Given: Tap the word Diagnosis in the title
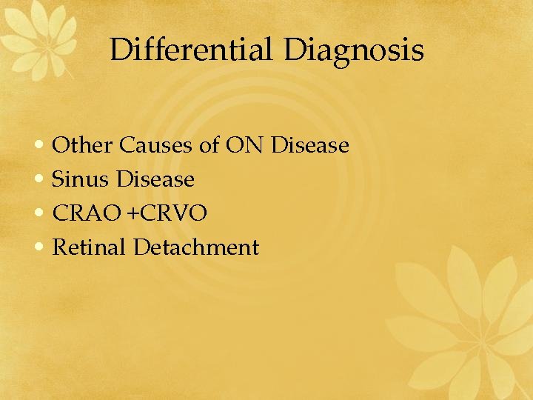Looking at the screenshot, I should point(354,50).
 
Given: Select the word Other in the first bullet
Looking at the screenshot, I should point(84,145).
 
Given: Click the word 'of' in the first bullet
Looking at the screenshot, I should point(209,145).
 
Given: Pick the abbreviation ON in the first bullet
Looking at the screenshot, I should point(245,145).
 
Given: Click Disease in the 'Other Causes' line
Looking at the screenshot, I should point(310,145).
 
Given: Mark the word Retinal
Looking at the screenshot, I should point(90,247).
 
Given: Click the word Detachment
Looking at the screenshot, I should point(196,247).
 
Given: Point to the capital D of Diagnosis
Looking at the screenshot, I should point(295,50).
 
